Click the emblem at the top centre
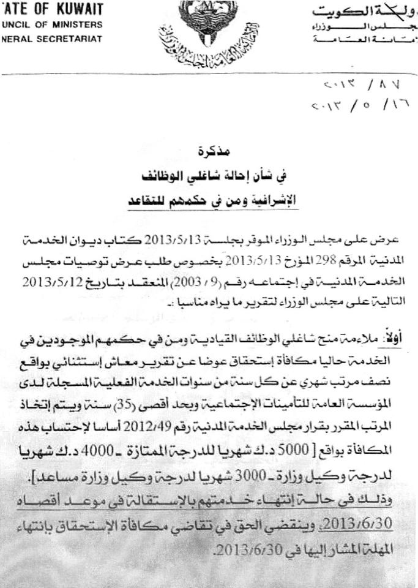point(209,31)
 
